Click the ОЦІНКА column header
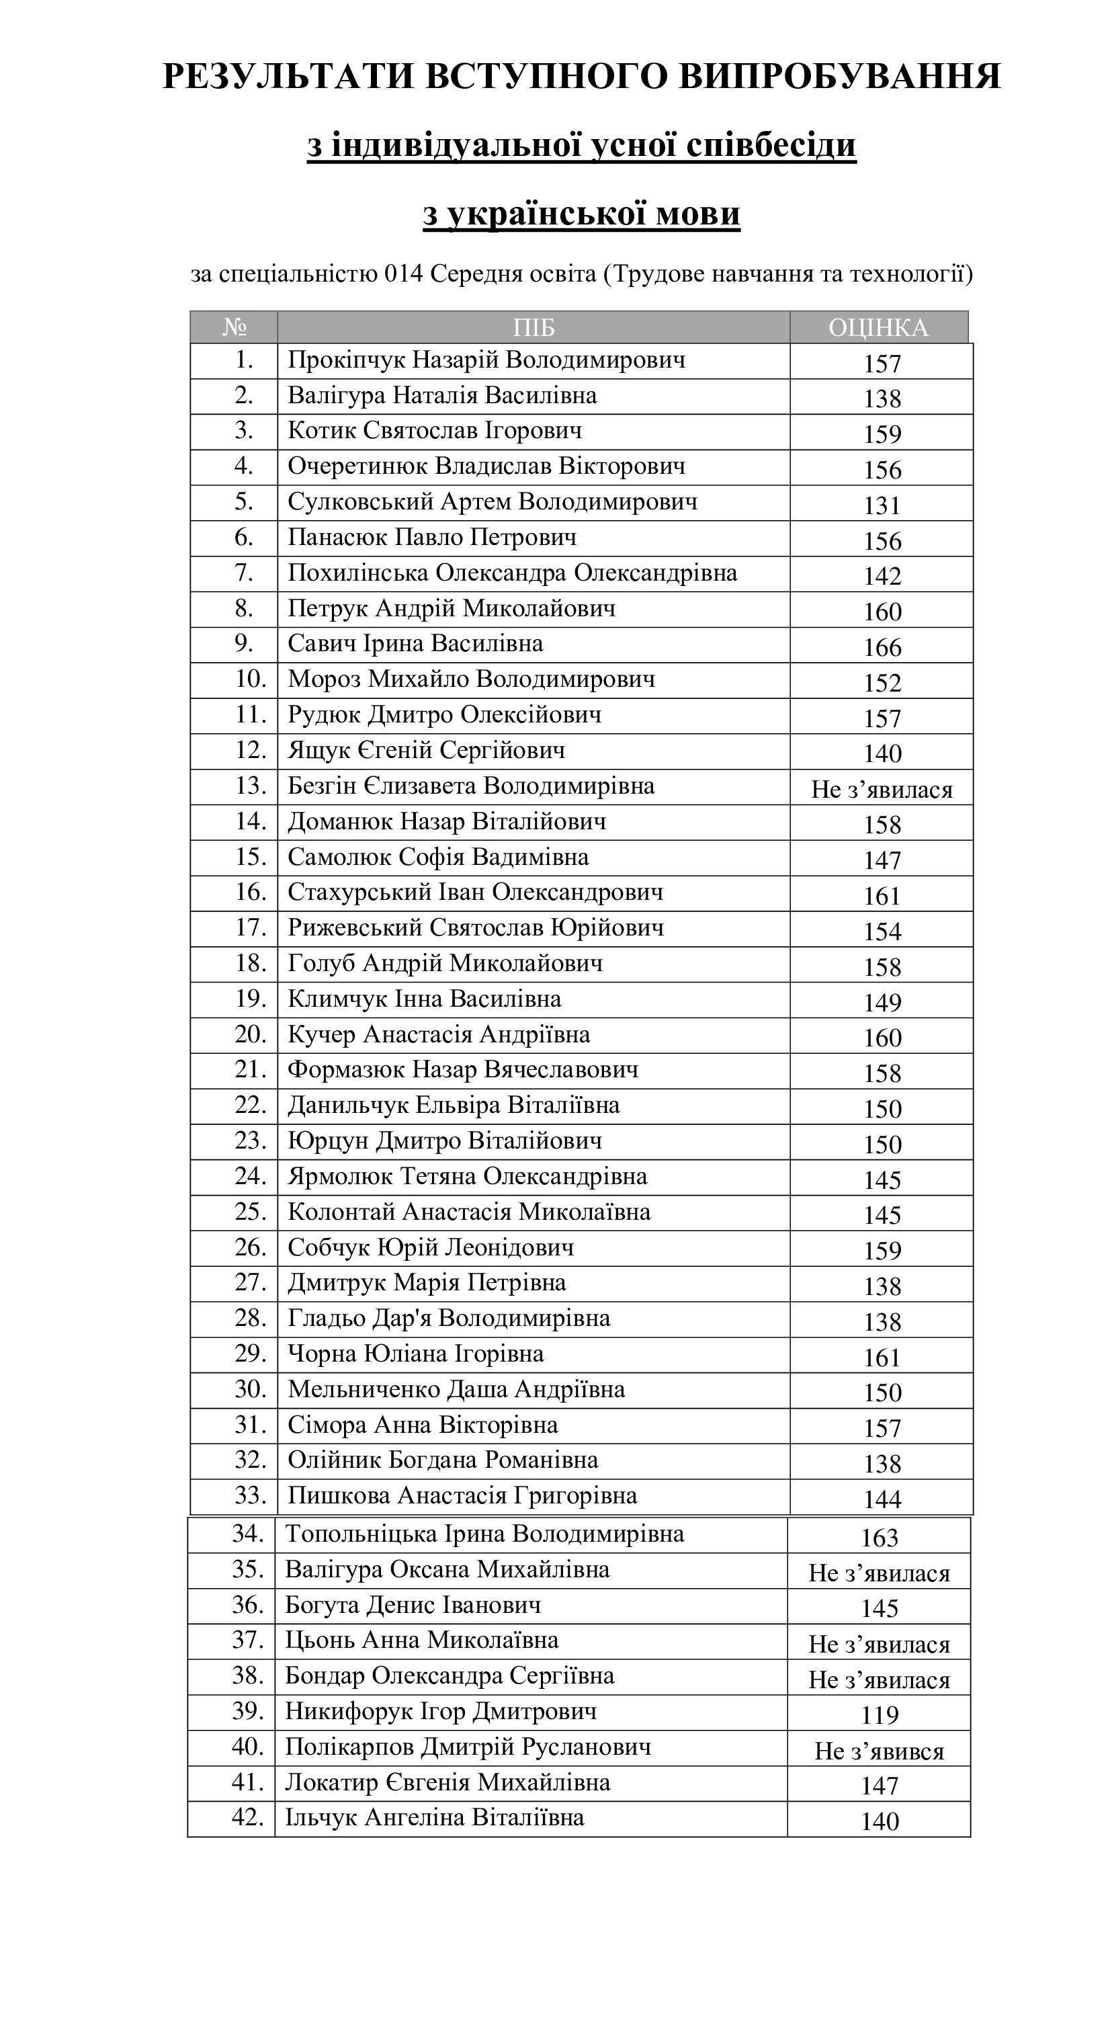coord(878,327)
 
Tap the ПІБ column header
coord(533,327)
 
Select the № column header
coord(234,327)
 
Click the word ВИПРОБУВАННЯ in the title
coord(840,77)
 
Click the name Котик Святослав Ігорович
coord(435,431)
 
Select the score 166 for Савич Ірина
coord(882,647)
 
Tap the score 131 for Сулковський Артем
coord(882,505)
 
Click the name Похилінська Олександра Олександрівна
coord(512,573)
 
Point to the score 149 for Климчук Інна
coord(882,1001)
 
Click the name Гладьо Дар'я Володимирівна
coord(449,1319)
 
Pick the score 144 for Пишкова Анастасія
coord(882,1499)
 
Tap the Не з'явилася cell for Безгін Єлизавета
coord(882,789)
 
